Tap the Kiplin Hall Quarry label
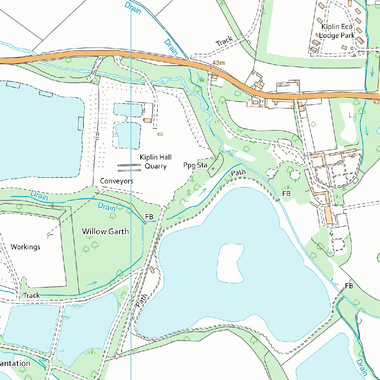click(x=155, y=162)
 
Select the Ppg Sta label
click(x=195, y=165)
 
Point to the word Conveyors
click(x=117, y=181)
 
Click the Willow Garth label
click(x=105, y=232)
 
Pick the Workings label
click(x=26, y=247)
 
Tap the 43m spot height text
click(x=219, y=63)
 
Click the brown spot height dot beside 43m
click(x=211, y=68)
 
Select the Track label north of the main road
click(x=224, y=41)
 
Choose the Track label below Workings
click(x=31, y=295)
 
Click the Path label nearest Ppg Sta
click(x=238, y=173)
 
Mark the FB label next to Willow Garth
click(x=149, y=216)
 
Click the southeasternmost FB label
click(x=349, y=286)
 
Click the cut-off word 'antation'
click(x=15, y=363)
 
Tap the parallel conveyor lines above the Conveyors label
click(x=129, y=168)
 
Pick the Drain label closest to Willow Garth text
click(x=107, y=207)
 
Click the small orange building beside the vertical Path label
click(x=152, y=269)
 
